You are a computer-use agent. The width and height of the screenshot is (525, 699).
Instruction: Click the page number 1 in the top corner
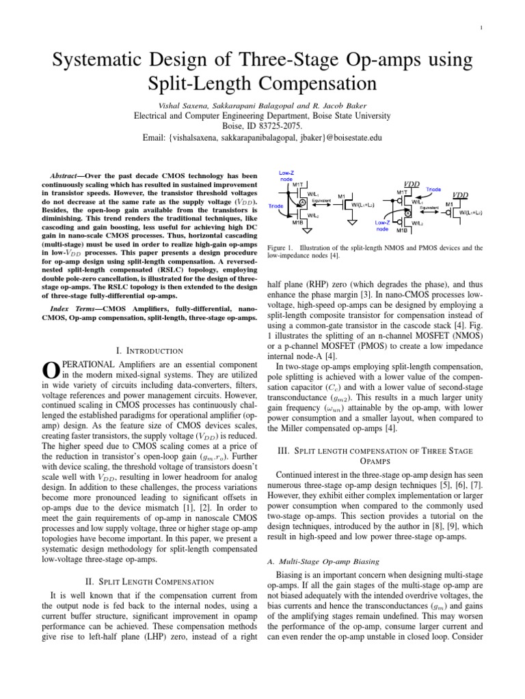(x=483, y=27)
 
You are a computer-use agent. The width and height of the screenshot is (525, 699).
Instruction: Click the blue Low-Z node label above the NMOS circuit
(x=285, y=175)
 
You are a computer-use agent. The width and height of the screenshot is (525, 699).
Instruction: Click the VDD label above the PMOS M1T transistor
(x=412, y=184)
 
